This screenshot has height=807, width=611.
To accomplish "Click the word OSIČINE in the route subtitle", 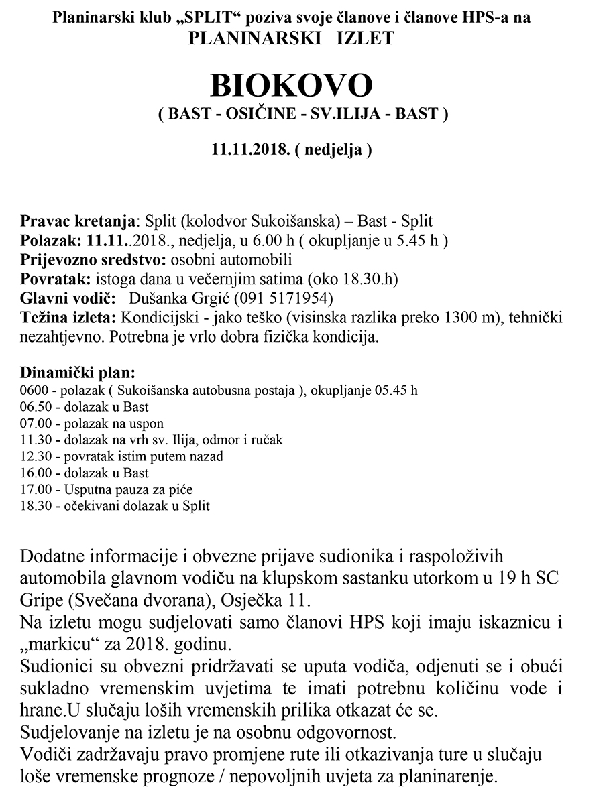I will tap(256, 114).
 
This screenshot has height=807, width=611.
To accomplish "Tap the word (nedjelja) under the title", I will tap(338, 149).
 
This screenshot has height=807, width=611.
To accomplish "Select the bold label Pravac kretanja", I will tap(78, 221).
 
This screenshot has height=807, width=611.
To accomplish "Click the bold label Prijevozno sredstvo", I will tap(94, 259).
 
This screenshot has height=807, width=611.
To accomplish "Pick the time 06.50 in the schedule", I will tap(36, 407).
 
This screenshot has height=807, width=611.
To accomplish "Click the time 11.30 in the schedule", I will tap(36, 440).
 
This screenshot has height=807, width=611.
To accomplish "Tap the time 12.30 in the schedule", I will tap(36, 456).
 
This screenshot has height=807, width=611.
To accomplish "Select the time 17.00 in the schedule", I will tap(36, 489).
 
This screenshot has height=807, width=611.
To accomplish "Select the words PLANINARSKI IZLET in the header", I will tap(291, 38).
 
